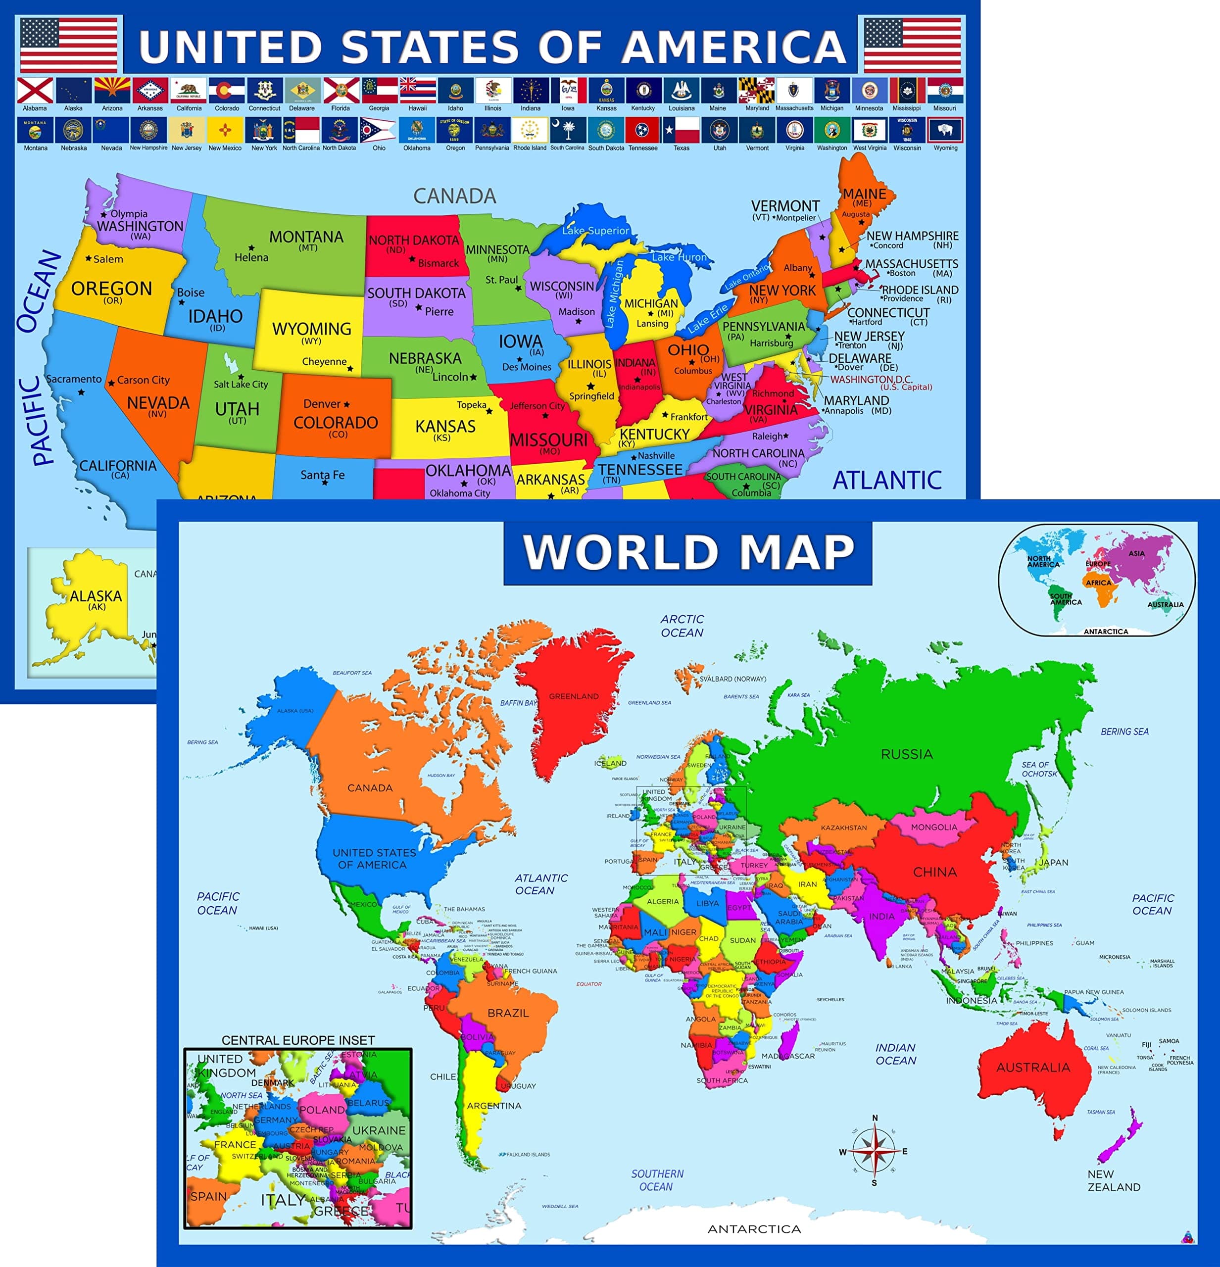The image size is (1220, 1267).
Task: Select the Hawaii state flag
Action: (417, 91)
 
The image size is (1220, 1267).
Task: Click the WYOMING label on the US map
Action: (312, 329)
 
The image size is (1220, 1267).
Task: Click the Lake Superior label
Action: (595, 231)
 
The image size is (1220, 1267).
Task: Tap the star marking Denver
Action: (346, 405)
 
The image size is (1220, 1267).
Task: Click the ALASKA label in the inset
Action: (96, 596)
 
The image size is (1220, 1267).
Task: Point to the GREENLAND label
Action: (574, 696)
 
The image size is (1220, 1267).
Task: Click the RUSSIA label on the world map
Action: (906, 754)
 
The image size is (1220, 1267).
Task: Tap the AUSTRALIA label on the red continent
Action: (1032, 1067)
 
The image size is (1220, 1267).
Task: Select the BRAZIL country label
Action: (507, 1013)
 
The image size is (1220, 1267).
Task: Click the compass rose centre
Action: (874, 1151)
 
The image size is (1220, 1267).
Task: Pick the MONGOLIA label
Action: (933, 828)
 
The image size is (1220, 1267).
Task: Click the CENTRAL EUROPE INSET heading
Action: (298, 1040)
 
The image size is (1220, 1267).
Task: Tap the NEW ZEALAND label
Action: (1113, 1180)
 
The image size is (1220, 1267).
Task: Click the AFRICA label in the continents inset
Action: (1098, 583)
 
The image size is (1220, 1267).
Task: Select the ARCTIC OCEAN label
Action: (682, 626)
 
